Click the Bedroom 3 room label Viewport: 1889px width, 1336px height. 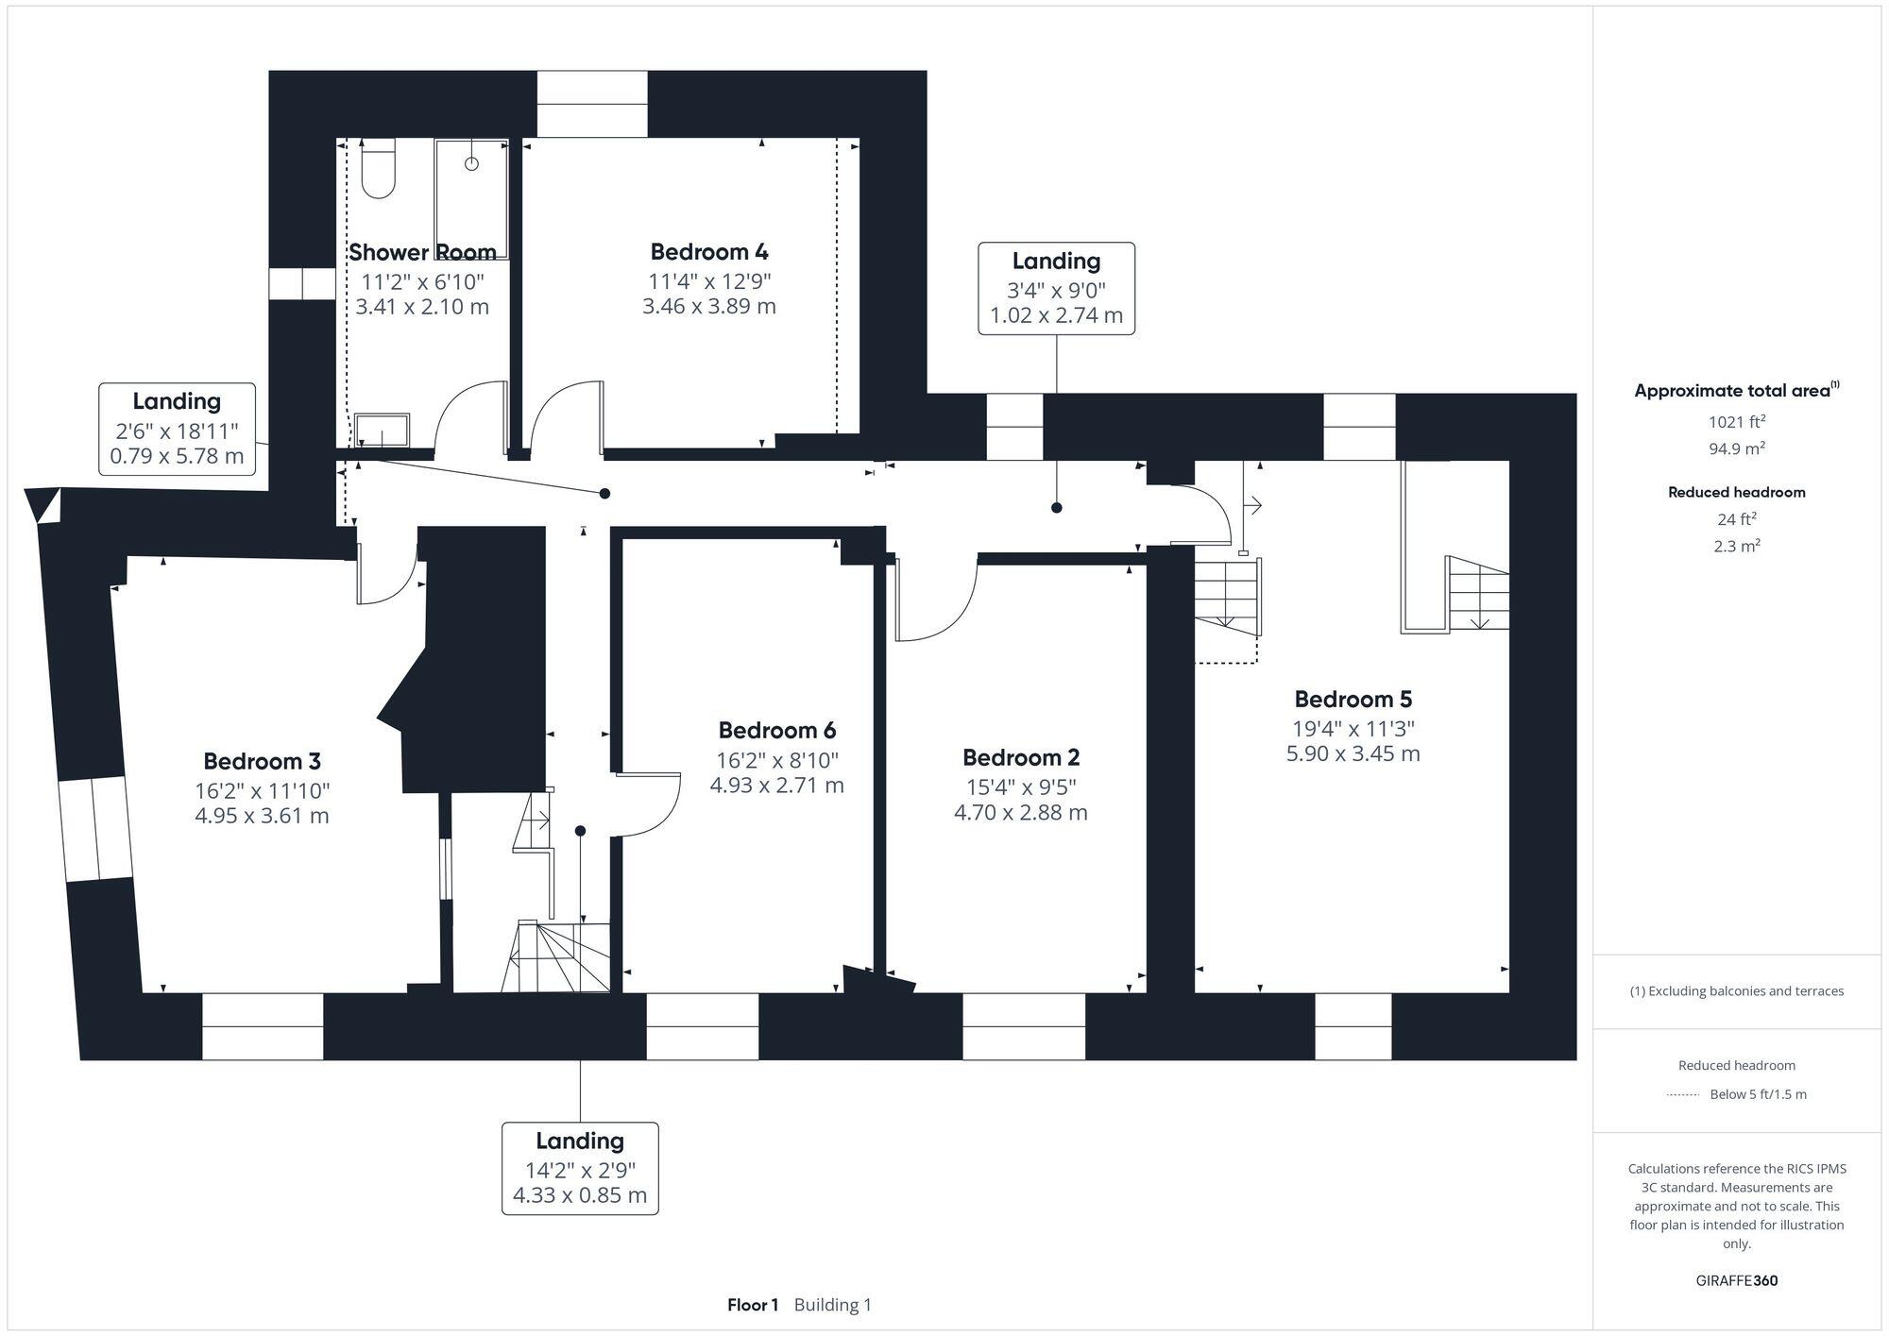click(x=262, y=761)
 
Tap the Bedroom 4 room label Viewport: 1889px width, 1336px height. click(x=708, y=252)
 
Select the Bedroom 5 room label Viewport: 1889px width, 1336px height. click(x=1353, y=700)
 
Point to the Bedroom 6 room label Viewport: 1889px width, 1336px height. click(x=776, y=731)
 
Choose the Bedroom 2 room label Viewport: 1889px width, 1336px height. click(x=1020, y=757)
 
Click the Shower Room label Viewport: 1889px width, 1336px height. click(x=422, y=252)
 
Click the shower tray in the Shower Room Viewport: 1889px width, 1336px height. click(x=471, y=198)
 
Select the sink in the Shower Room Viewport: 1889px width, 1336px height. click(x=382, y=430)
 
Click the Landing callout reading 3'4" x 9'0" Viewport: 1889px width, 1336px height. click(x=1056, y=288)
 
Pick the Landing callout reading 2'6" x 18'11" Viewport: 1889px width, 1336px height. click(x=177, y=429)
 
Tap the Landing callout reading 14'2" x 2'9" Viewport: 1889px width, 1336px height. click(x=579, y=1168)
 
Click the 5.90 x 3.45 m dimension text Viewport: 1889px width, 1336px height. click(x=1353, y=753)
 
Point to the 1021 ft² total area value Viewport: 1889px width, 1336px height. click(x=1736, y=422)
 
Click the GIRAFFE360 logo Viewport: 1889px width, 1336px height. click(x=1736, y=1281)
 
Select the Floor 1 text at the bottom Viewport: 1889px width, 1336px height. click(x=752, y=1305)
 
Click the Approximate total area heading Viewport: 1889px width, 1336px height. click(x=1736, y=391)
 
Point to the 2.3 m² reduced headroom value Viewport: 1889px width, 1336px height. click(x=1736, y=546)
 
